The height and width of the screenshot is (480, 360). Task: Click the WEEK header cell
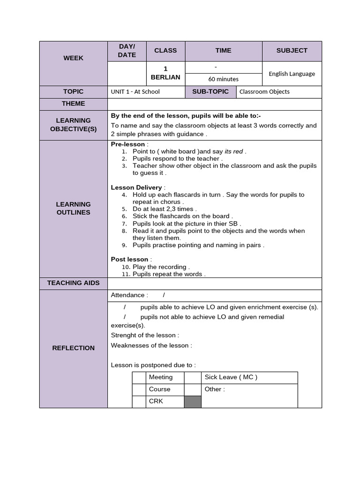[x=74, y=58]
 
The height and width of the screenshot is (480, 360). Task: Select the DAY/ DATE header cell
[x=127, y=51]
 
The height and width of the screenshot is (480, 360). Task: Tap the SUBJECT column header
[x=292, y=51]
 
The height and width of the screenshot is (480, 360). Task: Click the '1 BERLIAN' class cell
[x=165, y=73]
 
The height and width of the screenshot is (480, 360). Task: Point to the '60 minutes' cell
[x=224, y=79]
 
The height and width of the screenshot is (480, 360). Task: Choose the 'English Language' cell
[x=292, y=74]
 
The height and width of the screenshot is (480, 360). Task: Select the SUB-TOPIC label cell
[x=210, y=92]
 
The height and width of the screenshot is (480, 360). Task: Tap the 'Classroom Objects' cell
[x=264, y=92]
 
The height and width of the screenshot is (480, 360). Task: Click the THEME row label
[x=74, y=104]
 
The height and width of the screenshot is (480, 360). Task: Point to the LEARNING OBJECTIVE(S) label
[x=74, y=125]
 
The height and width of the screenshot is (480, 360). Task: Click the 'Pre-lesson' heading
[x=128, y=144]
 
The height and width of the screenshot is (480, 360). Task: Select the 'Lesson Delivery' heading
[x=136, y=187]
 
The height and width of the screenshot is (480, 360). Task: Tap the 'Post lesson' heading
[x=129, y=259]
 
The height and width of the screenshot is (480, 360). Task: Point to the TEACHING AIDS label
[x=74, y=283]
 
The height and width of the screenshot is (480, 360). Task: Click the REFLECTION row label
[x=74, y=348]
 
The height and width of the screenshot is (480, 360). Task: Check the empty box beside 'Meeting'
[x=139, y=377]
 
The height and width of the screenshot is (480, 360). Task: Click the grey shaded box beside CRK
[x=192, y=402]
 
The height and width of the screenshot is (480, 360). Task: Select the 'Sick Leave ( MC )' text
[x=231, y=377]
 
